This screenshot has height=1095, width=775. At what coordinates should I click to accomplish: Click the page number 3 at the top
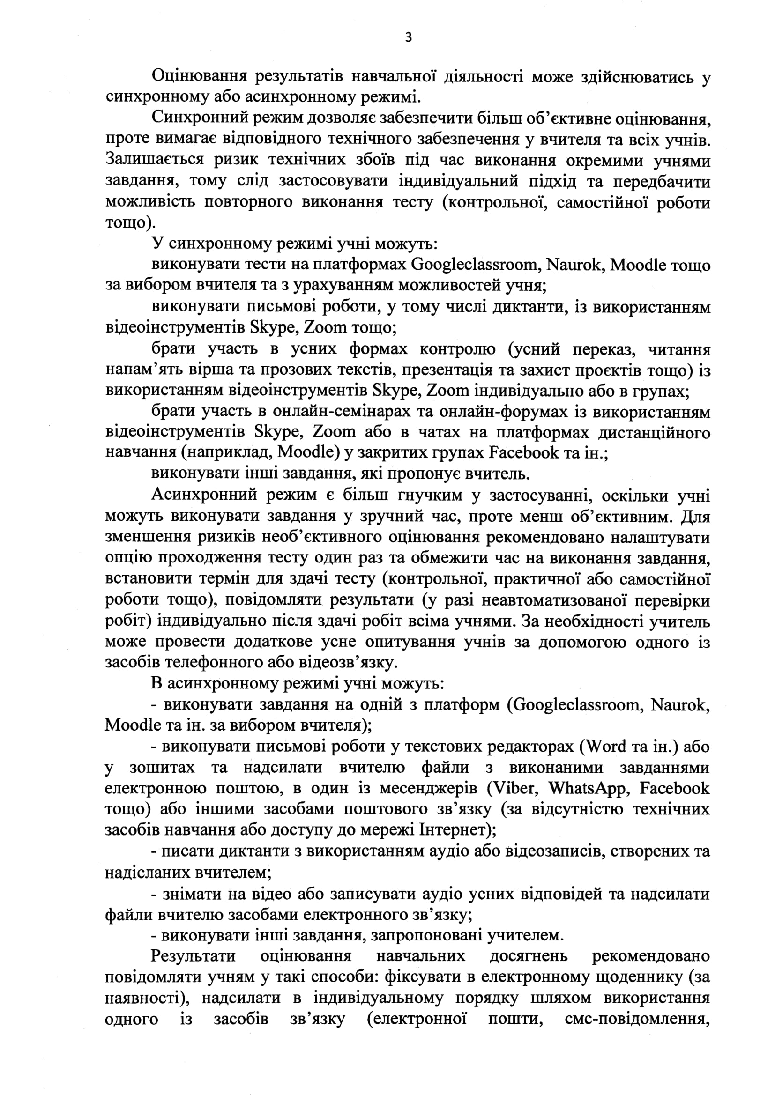click(x=408, y=37)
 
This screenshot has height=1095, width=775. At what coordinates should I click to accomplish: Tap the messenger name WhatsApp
click(x=587, y=787)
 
